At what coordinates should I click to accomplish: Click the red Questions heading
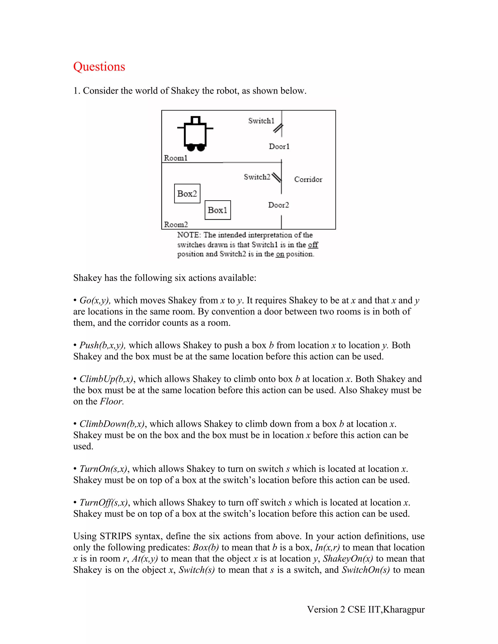pyautogui.click(x=99, y=67)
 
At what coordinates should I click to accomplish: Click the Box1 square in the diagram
pyautogui.click(x=218, y=210)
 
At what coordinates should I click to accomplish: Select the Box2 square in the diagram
pyautogui.click(x=187, y=193)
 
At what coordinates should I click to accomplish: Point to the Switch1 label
pyautogui.click(x=261, y=121)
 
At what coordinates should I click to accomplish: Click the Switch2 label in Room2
pyautogui.click(x=257, y=177)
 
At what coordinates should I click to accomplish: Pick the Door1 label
pyautogui.click(x=279, y=147)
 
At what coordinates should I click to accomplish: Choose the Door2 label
pyautogui.click(x=278, y=205)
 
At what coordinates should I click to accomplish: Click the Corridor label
pyautogui.click(x=308, y=179)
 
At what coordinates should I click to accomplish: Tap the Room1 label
pyautogui.click(x=176, y=158)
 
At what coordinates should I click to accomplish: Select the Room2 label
pyautogui.click(x=176, y=225)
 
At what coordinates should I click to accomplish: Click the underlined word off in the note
pyautogui.click(x=313, y=245)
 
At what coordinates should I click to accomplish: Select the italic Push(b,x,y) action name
pyautogui.click(x=103, y=345)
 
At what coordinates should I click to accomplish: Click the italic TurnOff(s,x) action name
pyautogui.click(x=104, y=503)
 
